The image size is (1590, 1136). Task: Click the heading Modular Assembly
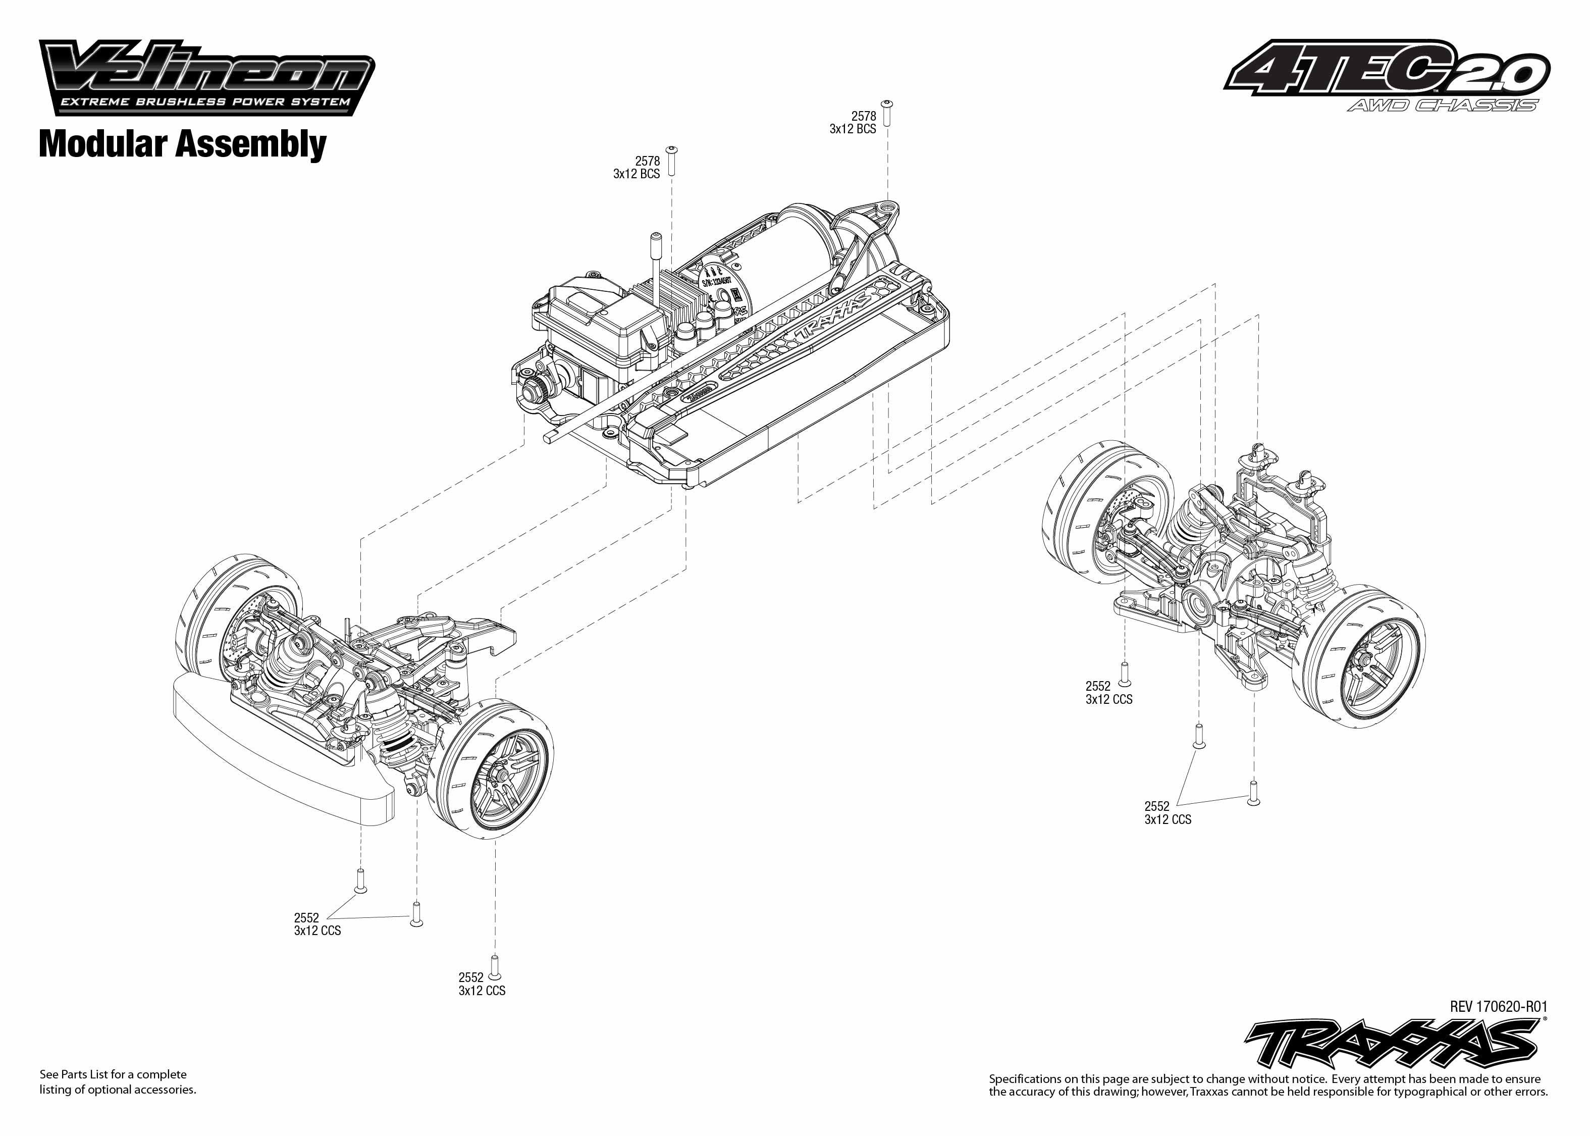pos(183,144)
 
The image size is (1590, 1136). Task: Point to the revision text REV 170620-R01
pos(1499,1007)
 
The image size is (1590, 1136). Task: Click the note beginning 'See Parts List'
pos(118,1081)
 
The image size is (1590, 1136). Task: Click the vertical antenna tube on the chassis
pos(658,269)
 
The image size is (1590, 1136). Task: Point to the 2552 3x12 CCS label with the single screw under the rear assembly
pos(1109,693)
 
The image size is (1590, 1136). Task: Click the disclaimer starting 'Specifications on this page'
pos(1267,1085)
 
